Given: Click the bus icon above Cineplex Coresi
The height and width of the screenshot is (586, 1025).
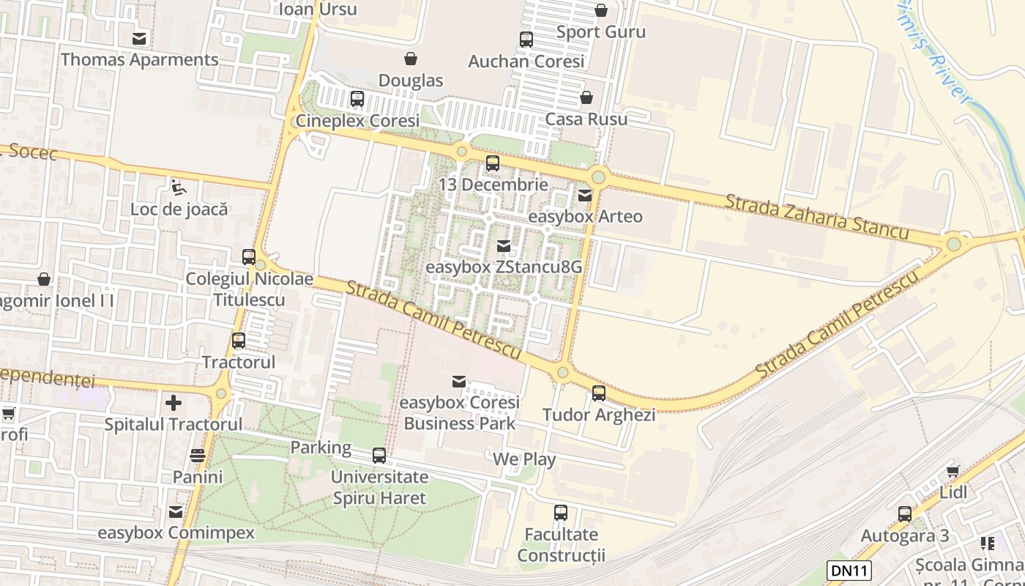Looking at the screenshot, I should click(357, 98).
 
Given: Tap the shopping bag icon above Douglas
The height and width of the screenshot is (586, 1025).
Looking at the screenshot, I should click(411, 59).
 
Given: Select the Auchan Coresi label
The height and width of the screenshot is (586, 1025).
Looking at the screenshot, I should click(526, 62).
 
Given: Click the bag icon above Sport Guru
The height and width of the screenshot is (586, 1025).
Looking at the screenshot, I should click(600, 10).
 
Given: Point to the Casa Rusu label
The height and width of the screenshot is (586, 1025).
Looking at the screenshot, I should click(586, 119).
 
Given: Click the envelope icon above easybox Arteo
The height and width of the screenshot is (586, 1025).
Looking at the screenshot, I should click(585, 195).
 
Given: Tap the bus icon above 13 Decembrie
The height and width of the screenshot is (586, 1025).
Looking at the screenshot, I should click(493, 163).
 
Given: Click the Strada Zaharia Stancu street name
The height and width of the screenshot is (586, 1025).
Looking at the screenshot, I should click(816, 216).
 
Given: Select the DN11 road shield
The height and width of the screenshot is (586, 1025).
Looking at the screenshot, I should click(849, 570).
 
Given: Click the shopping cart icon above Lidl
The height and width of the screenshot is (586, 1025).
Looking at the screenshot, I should click(953, 471).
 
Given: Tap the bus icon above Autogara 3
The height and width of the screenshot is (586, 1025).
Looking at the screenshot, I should click(905, 513).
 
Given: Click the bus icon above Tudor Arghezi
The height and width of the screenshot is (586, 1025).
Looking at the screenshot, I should click(599, 393).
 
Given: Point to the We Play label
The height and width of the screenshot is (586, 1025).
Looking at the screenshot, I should click(524, 459).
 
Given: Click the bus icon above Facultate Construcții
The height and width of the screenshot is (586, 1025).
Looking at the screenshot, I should click(561, 513).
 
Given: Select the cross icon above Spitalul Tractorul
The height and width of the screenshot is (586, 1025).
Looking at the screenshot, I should click(173, 402).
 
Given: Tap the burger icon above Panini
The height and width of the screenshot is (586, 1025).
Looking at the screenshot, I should click(198, 456).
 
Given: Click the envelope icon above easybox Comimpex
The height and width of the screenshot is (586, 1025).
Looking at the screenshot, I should click(176, 511).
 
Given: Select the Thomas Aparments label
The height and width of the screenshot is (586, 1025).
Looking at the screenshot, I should click(139, 60).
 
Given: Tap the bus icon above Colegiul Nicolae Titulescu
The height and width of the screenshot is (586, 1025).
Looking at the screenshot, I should click(249, 257).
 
